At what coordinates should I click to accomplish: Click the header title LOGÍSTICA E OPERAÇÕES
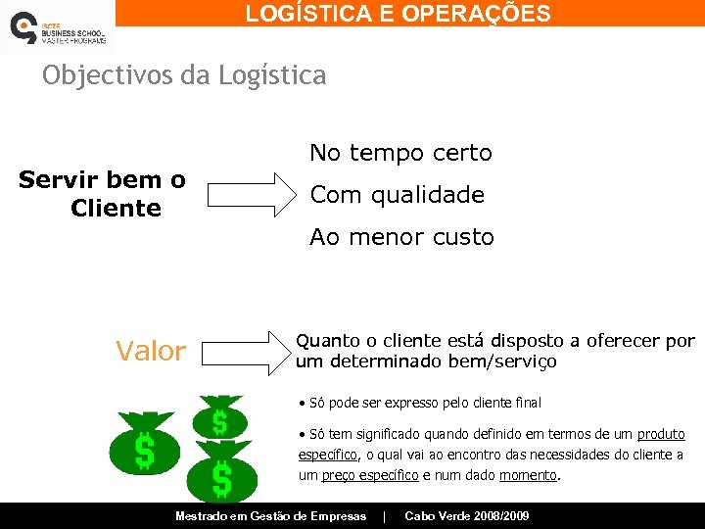398,14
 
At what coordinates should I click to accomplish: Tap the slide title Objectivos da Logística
184,76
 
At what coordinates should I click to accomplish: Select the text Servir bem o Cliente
103,194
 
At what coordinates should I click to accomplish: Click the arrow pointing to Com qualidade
251,194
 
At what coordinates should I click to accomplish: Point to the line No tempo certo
400,153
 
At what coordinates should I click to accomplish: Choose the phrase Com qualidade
397,195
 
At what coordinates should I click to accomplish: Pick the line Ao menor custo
401,237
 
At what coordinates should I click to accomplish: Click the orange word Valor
150,351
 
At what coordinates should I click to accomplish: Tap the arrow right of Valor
251,353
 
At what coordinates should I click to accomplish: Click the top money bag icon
219,416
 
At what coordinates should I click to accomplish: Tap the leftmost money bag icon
144,445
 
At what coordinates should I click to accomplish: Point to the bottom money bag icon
221,475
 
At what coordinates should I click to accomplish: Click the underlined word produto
661,434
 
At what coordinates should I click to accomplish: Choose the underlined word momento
528,475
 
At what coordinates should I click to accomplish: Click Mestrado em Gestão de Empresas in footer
270,516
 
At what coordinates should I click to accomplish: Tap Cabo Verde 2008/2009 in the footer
466,516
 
